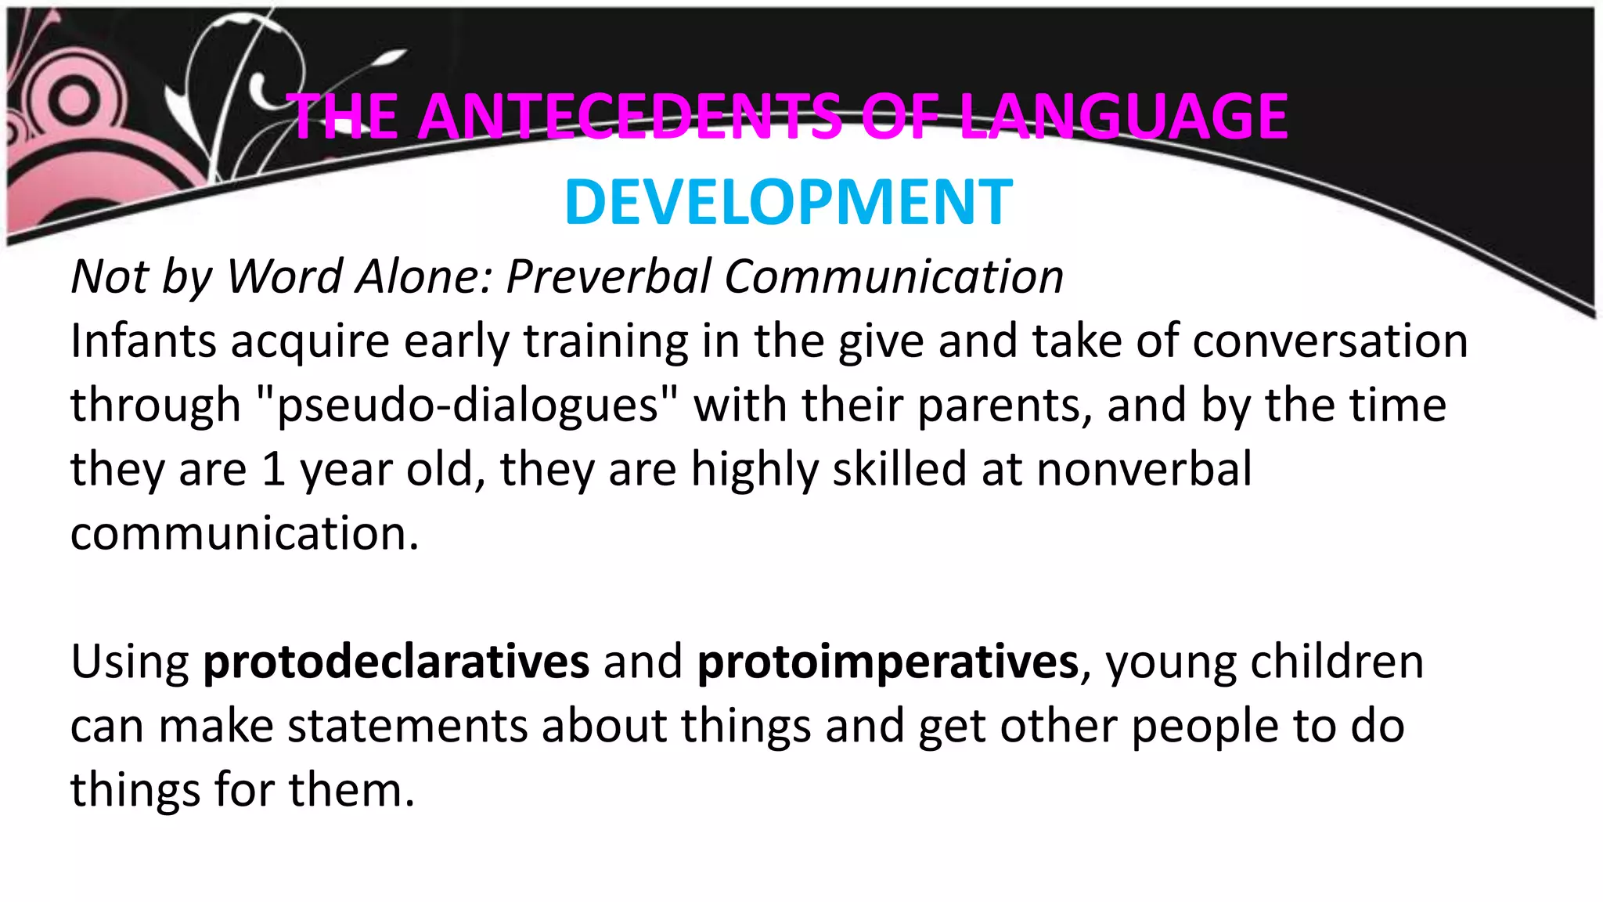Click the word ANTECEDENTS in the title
pos(630,117)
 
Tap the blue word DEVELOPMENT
pos(788,203)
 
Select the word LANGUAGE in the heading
pos(1123,117)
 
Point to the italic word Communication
pos(893,276)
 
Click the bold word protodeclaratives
pos(396,662)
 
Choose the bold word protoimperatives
pos(888,662)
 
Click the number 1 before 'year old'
pos(273,470)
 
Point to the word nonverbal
pos(1144,470)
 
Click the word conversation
pos(1330,341)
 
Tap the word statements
pos(408,726)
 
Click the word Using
pos(130,662)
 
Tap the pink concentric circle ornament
pos(74,102)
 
